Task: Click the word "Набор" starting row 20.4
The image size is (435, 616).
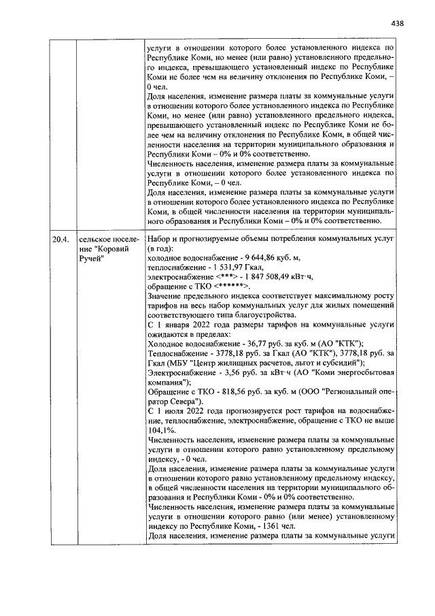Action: point(160,240)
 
